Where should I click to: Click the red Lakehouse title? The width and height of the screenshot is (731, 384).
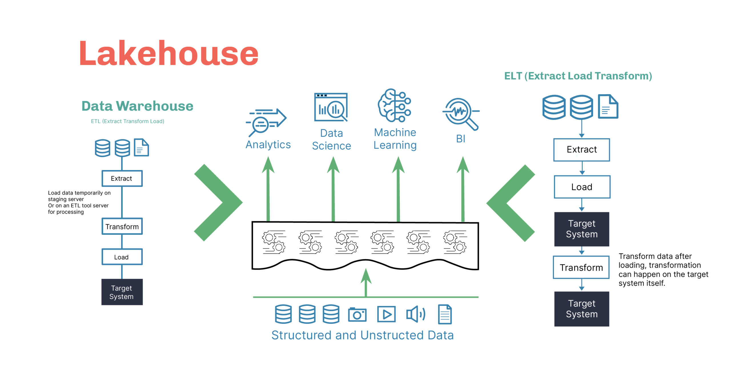pyautogui.click(x=168, y=54)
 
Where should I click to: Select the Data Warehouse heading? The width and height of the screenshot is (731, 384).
pyautogui.click(x=137, y=106)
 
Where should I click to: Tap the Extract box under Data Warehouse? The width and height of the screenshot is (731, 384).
pyautogui.click(x=122, y=179)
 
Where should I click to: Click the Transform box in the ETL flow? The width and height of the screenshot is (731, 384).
pyautogui.click(x=122, y=227)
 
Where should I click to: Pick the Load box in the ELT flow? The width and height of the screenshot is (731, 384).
pyautogui.click(x=582, y=187)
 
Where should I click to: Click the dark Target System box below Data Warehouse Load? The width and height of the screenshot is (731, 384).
pyautogui.click(x=122, y=292)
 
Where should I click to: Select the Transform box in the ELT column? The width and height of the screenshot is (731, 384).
pyautogui.click(x=581, y=268)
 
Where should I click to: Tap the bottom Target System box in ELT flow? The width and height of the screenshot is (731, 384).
pyautogui.click(x=581, y=309)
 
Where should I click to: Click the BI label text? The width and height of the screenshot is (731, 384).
pyautogui.click(x=461, y=139)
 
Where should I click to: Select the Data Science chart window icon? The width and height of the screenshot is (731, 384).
pyautogui.click(x=331, y=107)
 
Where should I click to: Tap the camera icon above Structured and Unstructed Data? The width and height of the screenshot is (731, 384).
pyautogui.click(x=357, y=315)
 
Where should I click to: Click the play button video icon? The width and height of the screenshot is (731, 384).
pyautogui.click(x=386, y=314)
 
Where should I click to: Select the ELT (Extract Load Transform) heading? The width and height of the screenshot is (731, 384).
pyautogui.click(x=578, y=76)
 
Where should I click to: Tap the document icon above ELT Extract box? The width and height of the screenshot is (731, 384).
pyautogui.click(x=608, y=107)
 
